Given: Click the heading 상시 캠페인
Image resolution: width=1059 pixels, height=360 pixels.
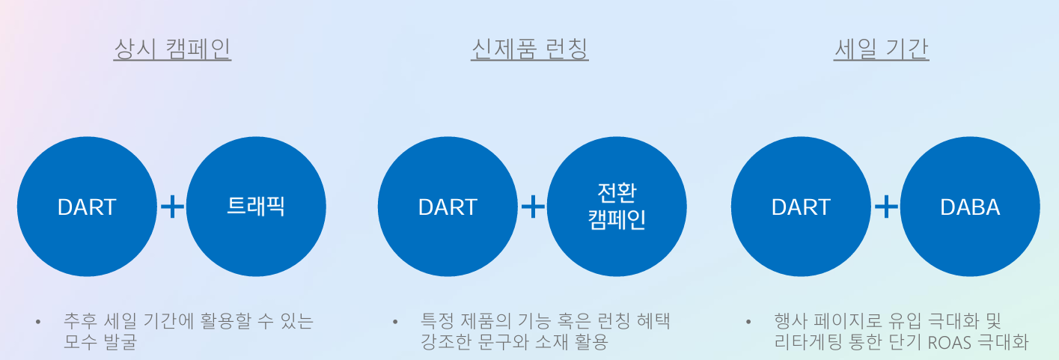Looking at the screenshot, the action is [x=173, y=49].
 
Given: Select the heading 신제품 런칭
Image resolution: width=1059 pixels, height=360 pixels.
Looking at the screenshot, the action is [x=530, y=49].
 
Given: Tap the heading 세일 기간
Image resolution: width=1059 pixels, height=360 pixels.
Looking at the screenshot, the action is [x=881, y=49].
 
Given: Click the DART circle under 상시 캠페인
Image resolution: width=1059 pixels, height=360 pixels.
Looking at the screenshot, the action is [x=87, y=207].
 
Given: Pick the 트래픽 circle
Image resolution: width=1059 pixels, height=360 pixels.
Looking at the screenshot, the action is [x=256, y=207].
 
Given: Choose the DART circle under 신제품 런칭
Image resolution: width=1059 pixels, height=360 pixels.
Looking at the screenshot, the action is [x=448, y=207].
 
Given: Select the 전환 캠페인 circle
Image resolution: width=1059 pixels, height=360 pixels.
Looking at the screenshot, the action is [x=617, y=207].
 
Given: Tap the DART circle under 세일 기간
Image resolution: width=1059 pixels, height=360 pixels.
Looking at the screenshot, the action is [x=801, y=207].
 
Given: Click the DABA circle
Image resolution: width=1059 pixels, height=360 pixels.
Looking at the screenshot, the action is [x=970, y=207].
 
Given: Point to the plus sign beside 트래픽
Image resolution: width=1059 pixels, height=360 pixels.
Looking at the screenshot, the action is [x=172, y=207].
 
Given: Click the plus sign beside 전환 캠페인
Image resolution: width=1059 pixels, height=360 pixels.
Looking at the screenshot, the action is [x=533, y=207].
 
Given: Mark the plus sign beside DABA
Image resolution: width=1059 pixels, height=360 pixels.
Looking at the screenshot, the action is [x=886, y=207].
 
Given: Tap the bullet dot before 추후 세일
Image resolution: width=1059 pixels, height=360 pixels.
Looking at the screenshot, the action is [x=38, y=322].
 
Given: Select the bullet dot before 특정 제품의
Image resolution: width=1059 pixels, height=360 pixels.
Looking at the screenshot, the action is [x=395, y=322].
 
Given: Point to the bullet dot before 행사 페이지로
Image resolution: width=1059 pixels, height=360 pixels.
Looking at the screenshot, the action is [x=748, y=322].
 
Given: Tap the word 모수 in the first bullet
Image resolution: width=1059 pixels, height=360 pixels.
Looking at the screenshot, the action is [x=80, y=341].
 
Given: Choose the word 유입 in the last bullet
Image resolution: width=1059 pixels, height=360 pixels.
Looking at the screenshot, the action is [x=905, y=321].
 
